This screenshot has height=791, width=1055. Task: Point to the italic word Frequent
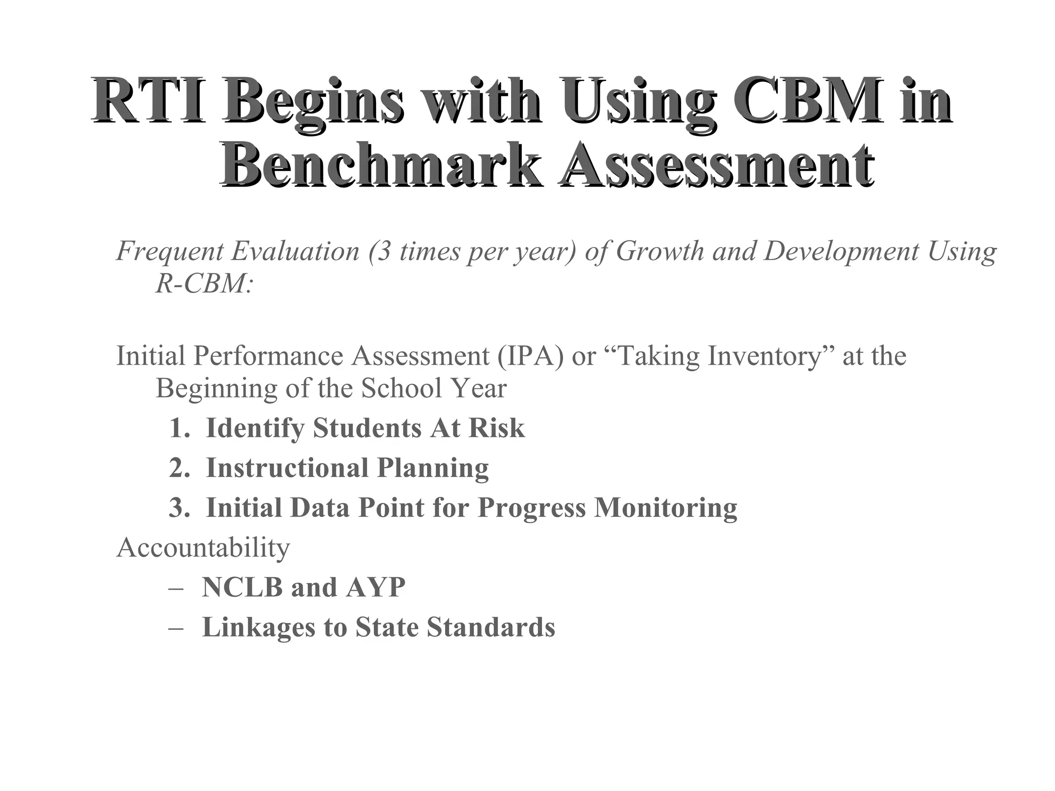(x=170, y=251)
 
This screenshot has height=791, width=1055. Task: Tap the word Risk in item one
(x=496, y=428)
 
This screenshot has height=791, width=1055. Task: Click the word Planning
(x=433, y=468)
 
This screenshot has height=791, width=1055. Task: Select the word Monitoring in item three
(x=666, y=508)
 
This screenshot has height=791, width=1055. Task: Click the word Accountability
(x=203, y=547)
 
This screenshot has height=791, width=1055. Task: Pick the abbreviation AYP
(x=376, y=587)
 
